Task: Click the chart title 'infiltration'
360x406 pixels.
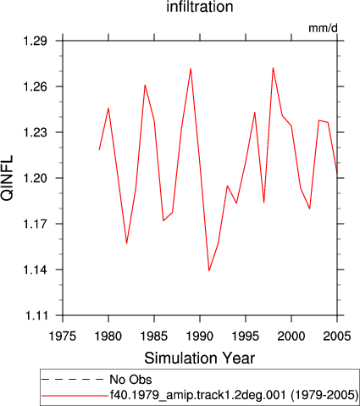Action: [x=200, y=7]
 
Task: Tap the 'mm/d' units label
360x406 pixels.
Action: [x=323, y=28]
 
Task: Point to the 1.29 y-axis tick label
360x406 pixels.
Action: [x=36, y=42]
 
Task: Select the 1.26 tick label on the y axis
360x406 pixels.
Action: [x=36, y=86]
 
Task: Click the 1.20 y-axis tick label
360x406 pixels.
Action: [x=36, y=178]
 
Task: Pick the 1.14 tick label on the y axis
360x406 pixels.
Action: [x=36, y=270]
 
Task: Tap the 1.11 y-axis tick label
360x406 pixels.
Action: [x=36, y=315]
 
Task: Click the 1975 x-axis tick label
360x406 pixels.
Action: [x=63, y=336]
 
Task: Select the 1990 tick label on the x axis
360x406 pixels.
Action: [x=200, y=336]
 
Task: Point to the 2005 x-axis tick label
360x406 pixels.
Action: [x=337, y=336]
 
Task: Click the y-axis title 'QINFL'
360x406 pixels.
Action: [x=8, y=178]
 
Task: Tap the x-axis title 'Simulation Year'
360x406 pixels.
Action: [x=200, y=359]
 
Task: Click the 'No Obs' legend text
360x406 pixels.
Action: [x=130, y=380]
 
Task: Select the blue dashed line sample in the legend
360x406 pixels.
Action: [x=73, y=380]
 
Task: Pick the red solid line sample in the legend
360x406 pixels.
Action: [x=75, y=396]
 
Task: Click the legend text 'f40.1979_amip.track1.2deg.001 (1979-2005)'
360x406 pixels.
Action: [x=234, y=395]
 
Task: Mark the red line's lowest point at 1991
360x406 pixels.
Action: [x=209, y=270]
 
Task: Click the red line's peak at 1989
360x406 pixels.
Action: [x=191, y=69]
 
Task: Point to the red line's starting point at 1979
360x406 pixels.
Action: [x=99, y=149]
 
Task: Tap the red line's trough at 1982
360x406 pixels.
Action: [x=127, y=243]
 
